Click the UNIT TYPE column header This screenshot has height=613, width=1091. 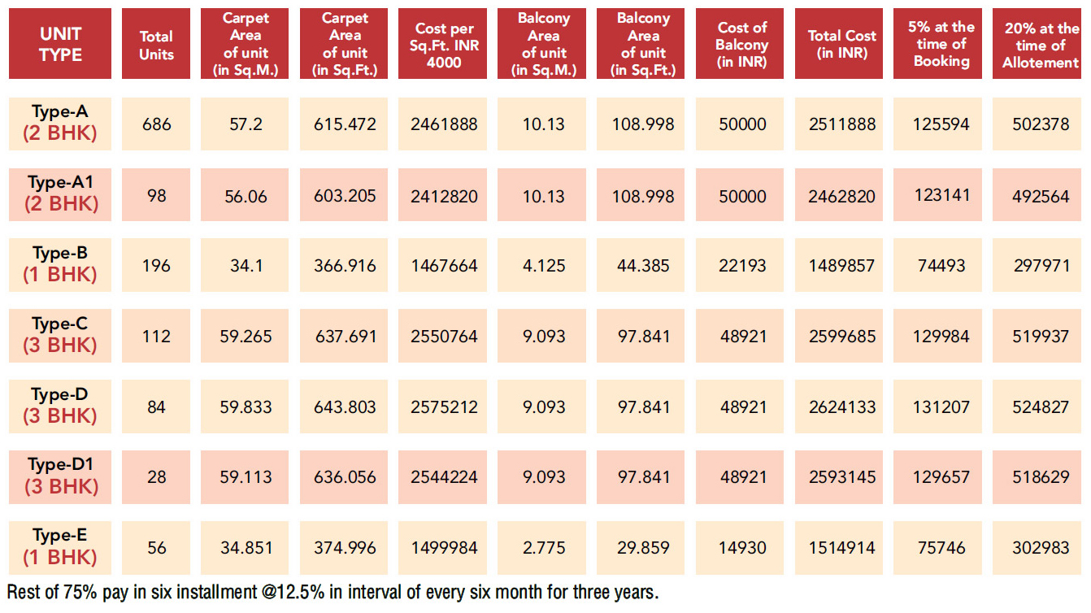click(x=60, y=44)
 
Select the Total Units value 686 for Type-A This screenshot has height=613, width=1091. click(x=156, y=124)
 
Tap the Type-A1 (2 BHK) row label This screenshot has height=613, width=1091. click(x=60, y=193)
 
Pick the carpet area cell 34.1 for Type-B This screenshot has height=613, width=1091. click(x=246, y=265)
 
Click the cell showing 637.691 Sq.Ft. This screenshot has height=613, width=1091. click(x=345, y=336)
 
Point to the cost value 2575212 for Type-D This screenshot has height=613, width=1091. click(x=445, y=406)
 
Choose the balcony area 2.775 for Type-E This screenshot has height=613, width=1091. click(x=544, y=547)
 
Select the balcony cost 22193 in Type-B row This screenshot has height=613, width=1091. click(x=742, y=265)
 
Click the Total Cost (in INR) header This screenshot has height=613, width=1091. click(x=841, y=44)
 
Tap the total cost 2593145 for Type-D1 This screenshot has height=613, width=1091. click(x=841, y=477)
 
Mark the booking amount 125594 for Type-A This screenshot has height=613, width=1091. click(x=941, y=124)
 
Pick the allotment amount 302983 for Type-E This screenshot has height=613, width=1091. click(x=1041, y=547)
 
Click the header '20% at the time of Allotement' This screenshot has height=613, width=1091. click(x=1041, y=44)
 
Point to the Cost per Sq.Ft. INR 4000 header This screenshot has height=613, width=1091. click(x=445, y=44)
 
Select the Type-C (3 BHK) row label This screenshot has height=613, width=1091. click(x=60, y=335)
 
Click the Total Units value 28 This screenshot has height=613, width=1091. click(x=156, y=477)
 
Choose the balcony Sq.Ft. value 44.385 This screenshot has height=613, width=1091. click(x=643, y=265)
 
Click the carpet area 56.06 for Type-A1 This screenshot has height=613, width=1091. click(x=246, y=195)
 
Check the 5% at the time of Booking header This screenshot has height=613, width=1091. click(x=941, y=44)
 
